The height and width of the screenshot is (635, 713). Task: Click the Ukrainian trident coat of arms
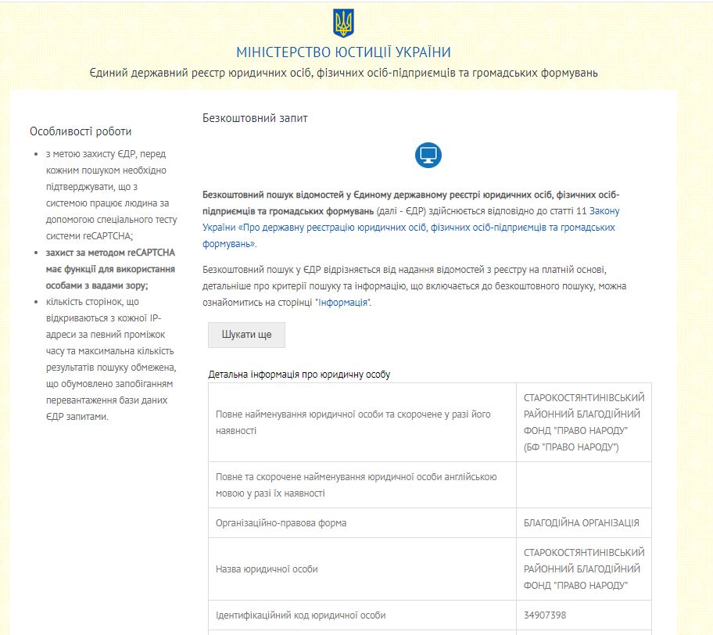(343, 23)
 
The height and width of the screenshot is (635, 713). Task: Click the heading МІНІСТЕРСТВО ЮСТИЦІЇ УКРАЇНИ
(343, 52)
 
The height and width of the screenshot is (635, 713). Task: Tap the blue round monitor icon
(428, 155)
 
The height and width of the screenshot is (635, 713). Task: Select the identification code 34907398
(546, 615)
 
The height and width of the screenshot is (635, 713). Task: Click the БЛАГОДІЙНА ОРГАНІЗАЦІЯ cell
(582, 522)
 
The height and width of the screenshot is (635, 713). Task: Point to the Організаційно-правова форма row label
(281, 522)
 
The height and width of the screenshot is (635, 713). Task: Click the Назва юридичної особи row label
(267, 569)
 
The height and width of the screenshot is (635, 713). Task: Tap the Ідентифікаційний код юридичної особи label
(300, 615)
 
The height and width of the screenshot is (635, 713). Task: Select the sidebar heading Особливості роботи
(81, 131)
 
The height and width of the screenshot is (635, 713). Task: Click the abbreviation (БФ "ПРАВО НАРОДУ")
(571, 447)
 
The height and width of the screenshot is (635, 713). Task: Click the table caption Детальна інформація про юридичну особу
(299, 375)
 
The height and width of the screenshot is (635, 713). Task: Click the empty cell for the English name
(583, 485)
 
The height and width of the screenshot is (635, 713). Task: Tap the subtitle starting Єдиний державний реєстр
(343, 74)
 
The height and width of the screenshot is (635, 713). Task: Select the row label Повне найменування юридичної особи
(353, 422)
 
